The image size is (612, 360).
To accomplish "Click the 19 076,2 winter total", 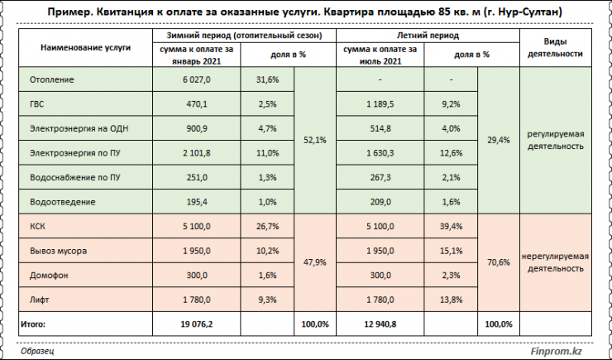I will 197,324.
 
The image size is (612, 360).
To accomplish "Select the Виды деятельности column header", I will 554,46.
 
